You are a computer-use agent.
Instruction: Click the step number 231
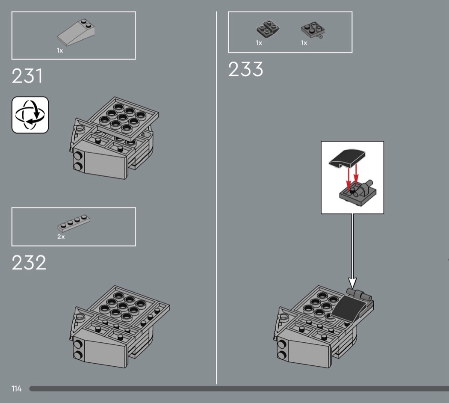pos(27,76)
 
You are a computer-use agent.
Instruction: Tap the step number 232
pos(29,263)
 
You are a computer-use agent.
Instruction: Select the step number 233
pos(245,69)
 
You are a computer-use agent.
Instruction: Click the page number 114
pos(17,389)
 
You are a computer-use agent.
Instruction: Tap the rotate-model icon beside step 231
pos(30,115)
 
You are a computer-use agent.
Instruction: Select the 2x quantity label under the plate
pos(61,237)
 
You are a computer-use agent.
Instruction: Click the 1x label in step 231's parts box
pos(60,50)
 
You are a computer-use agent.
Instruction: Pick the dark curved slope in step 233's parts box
pos(268,29)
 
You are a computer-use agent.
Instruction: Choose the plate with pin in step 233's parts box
pos(312,30)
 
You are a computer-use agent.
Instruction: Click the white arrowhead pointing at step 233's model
pos(352,282)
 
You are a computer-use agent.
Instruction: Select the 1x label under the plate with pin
pos(304,43)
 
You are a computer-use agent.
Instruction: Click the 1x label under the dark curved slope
pos(259,43)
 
